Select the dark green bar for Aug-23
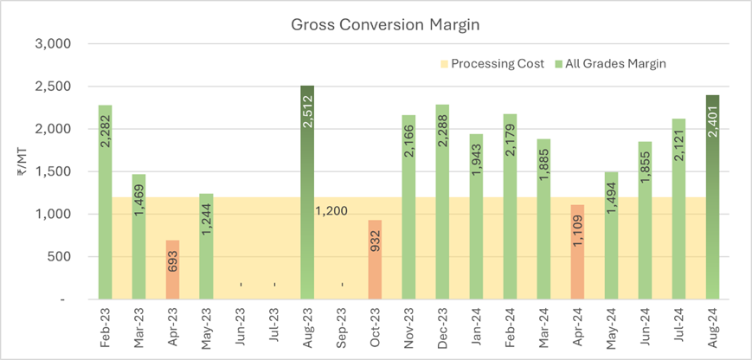[x=306, y=192]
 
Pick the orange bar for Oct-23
[x=375, y=260]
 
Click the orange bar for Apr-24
[x=577, y=252]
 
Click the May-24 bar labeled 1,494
[x=611, y=235]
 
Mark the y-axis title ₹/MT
[x=20, y=171]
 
